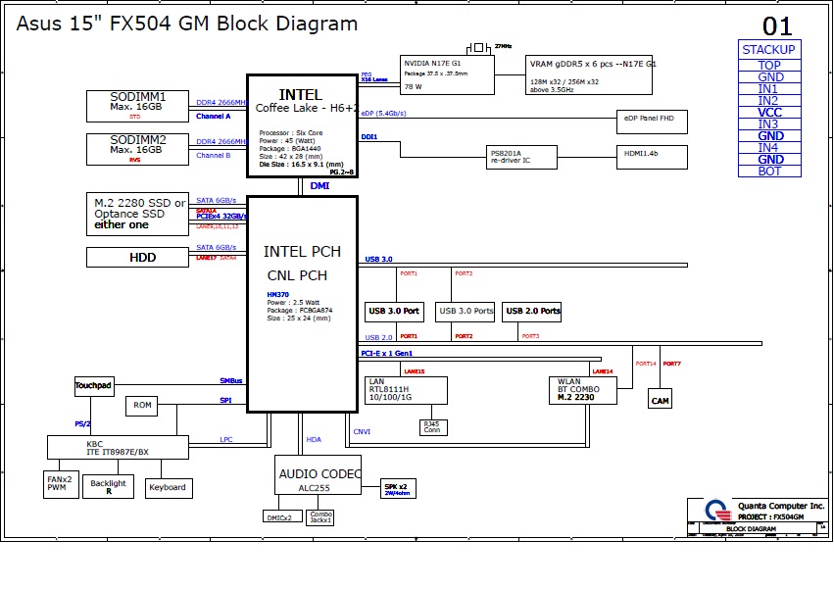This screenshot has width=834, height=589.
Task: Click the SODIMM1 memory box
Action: [x=137, y=106]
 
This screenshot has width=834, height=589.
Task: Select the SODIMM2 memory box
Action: [x=137, y=148]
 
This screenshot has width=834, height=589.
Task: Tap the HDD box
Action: [x=137, y=258]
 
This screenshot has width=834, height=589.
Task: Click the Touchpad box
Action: [x=93, y=386]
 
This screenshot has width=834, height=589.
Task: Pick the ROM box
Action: [x=143, y=405]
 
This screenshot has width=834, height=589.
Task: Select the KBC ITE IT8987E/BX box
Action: [x=118, y=447]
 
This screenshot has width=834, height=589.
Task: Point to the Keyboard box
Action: [x=169, y=488]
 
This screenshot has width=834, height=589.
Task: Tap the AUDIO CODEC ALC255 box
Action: [x=318, y=474]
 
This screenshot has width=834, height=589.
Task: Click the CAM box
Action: [x=661, y=401]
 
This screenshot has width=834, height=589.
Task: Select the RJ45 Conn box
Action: [x=432, y=427]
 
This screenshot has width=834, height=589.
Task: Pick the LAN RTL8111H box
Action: [x=405, y=390]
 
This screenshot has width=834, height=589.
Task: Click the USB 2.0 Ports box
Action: [x=532, y=312]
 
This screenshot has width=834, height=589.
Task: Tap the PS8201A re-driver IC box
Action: [x=522, y=157]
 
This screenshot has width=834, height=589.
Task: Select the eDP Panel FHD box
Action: [x=652, y=122]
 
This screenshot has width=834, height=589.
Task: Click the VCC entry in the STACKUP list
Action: [x=769, y=113]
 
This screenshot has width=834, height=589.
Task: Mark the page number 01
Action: [x=777, y=26]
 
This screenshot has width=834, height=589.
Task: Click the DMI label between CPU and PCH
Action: [x=319, y=185]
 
